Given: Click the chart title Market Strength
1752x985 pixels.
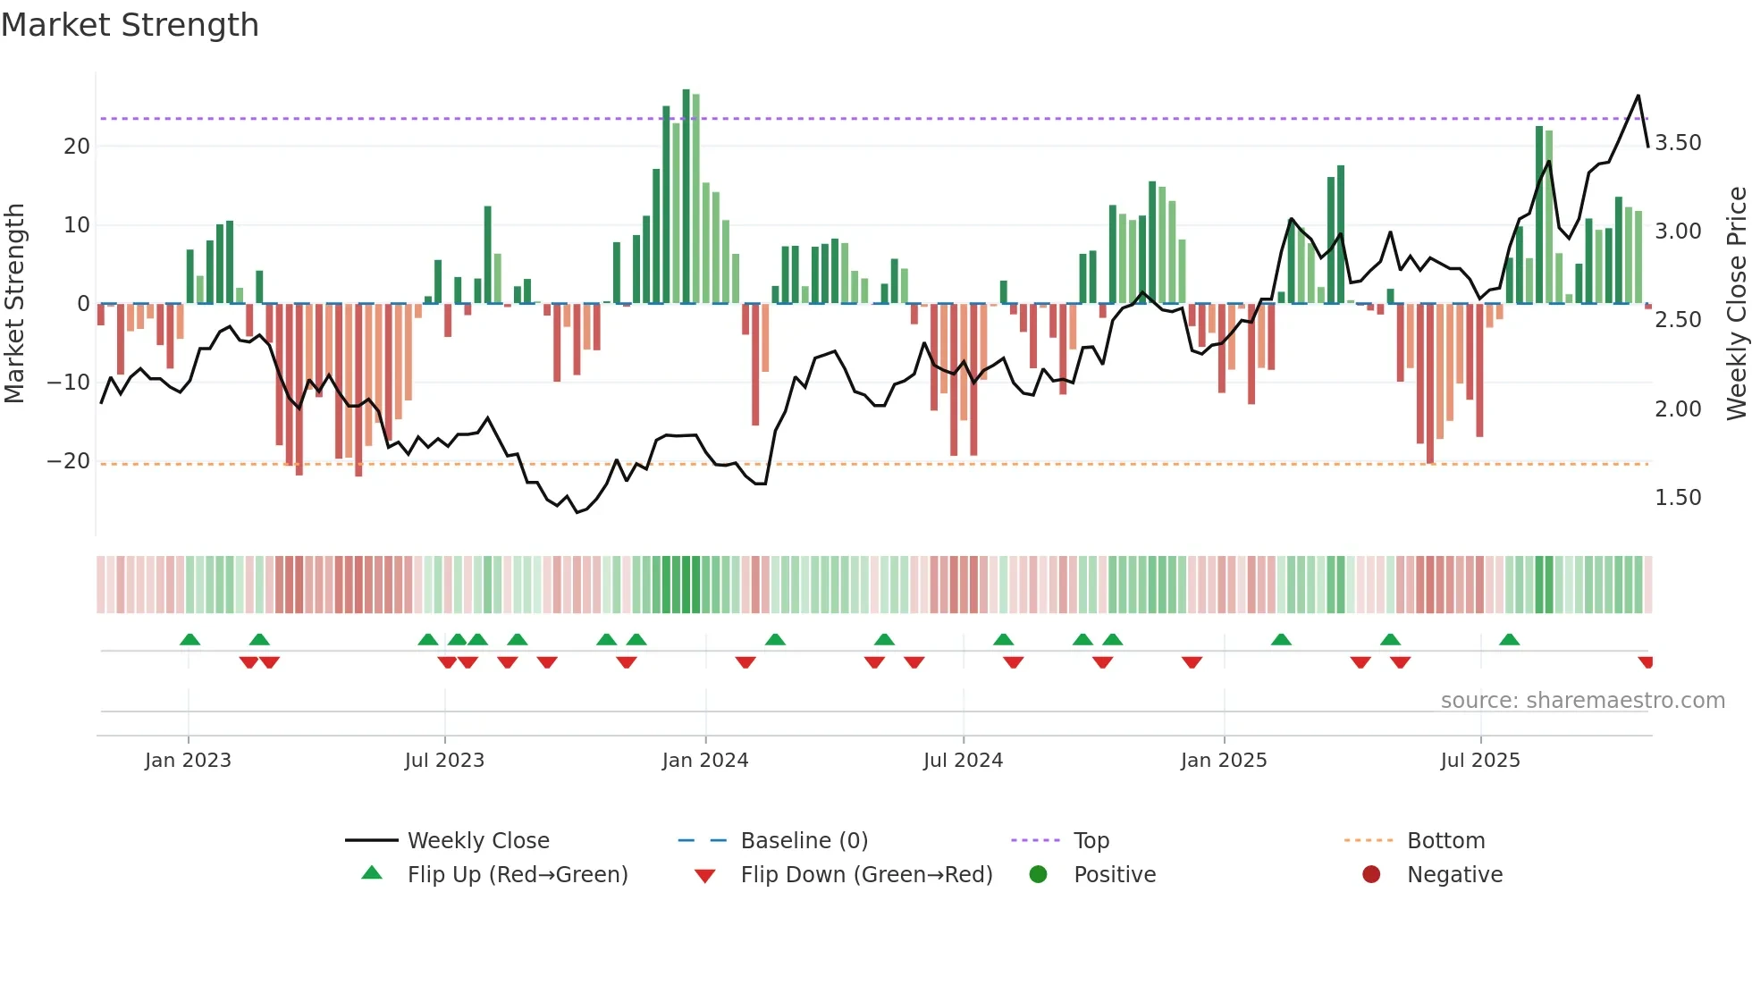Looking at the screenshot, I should (130, 25).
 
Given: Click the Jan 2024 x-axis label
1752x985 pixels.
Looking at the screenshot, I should (705, 761).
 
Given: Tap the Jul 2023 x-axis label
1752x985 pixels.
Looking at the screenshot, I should (444, 761).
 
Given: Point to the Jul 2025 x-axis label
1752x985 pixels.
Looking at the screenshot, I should (1480, 761).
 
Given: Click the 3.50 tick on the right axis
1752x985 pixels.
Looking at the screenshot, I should (1678, 143).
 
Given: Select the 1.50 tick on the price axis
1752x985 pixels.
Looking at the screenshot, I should (1678, 498).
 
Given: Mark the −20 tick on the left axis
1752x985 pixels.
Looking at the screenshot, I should (69, 461).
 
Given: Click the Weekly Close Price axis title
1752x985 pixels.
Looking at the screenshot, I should (1736, 303).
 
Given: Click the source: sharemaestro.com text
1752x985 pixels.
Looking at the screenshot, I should (1582, 701).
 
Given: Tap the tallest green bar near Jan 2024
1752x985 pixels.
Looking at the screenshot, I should (686, 197).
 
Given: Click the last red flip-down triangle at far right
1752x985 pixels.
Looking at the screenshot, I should (1646, 662).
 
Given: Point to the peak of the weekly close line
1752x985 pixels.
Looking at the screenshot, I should (1638, 96).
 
